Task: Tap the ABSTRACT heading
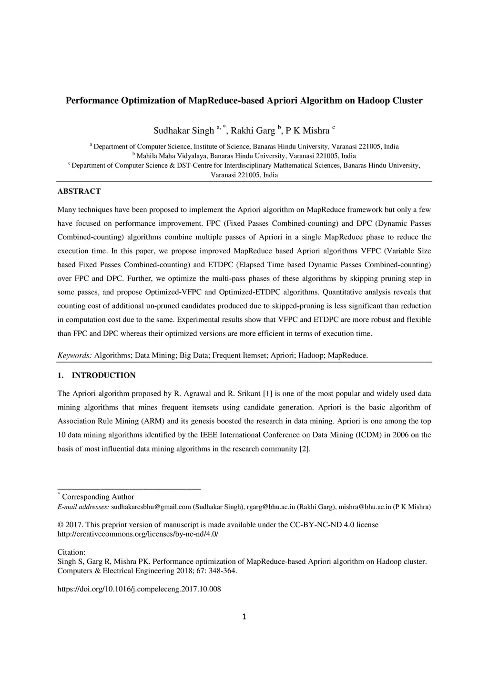coord(79,191)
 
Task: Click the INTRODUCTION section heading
coord(103,376)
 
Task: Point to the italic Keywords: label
coord(75,356)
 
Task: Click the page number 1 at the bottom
coord(244,617)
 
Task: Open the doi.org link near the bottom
coord(139,589)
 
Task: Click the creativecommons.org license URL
coord(138,534)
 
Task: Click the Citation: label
coord(71,552)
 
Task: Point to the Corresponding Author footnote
coord(98,497)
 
